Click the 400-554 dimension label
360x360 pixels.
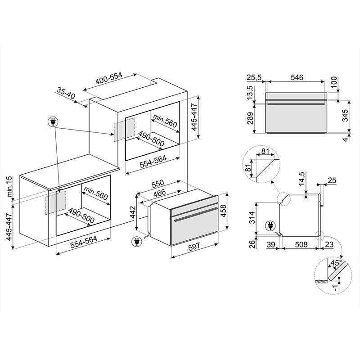pos(109,78)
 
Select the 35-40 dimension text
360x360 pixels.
pos(66,94)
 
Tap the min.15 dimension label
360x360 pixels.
pos(9,186)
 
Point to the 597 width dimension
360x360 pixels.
pos(194,247)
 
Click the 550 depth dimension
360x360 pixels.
pos(157,183)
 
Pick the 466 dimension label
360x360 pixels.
pos(159,193)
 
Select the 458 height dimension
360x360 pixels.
pos(223,209)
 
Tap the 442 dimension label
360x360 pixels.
pos(132,212)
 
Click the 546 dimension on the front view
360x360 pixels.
pos(297,77)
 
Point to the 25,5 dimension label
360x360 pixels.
pos(254,77)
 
